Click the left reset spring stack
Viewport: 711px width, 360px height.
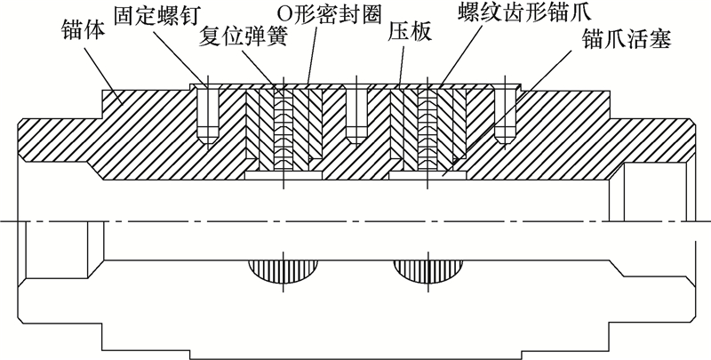coord(282,133)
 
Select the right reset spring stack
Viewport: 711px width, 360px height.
coord(430,133)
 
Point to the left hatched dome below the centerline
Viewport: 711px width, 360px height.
coord(282,270)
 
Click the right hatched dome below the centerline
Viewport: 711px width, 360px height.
coord(428,270)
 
